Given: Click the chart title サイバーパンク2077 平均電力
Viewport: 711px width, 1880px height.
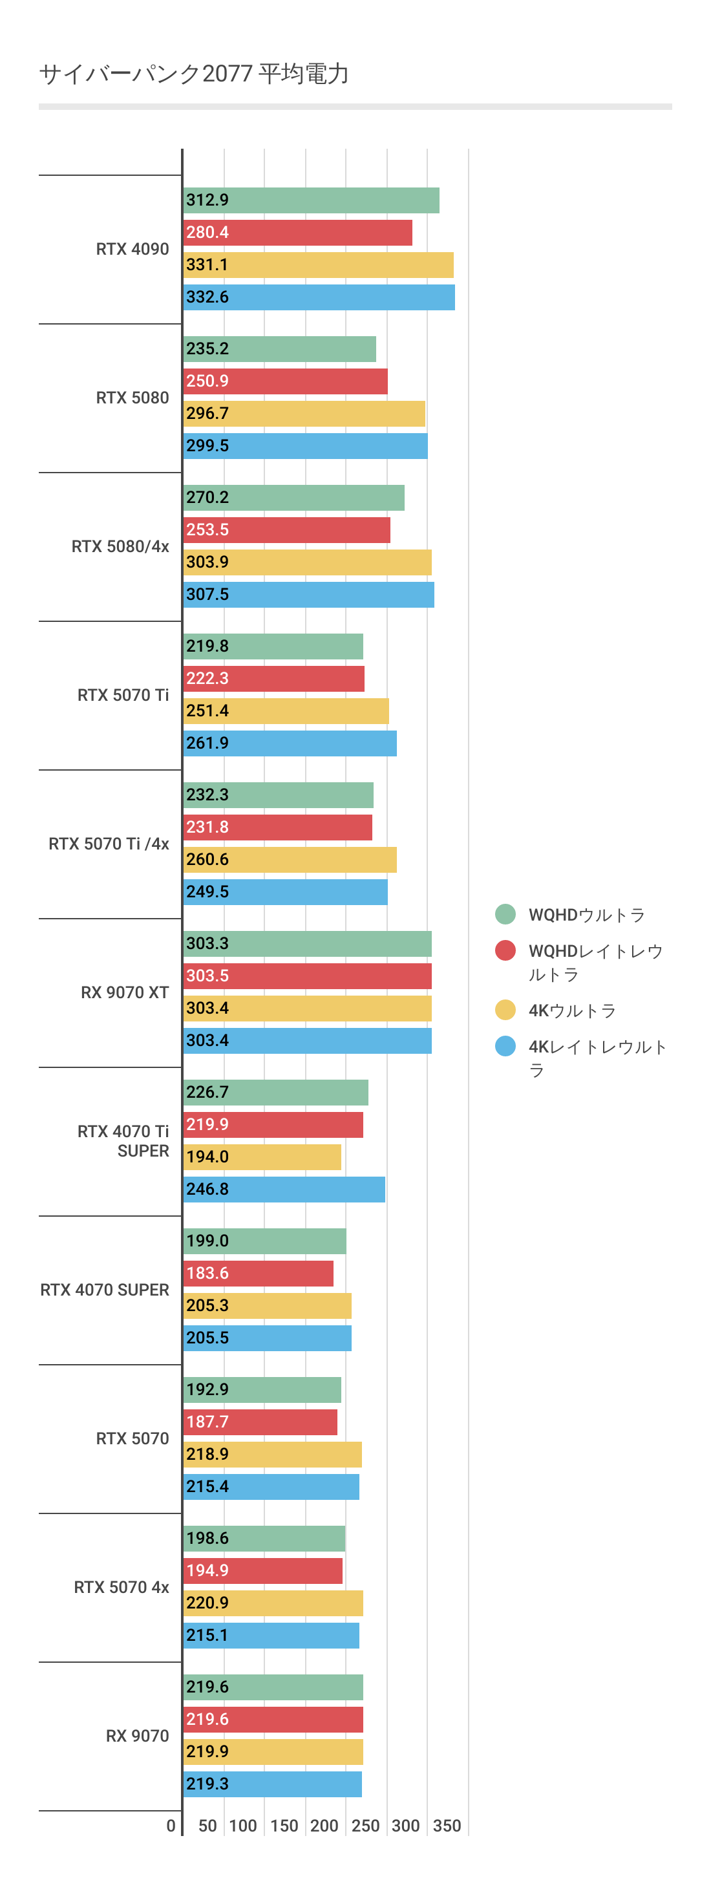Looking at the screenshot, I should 193,74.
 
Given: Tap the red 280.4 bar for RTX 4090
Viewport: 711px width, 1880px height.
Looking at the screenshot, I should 298,233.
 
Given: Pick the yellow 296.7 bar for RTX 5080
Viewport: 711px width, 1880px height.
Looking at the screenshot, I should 304,414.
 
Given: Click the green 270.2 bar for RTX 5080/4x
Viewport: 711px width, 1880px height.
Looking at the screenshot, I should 293,498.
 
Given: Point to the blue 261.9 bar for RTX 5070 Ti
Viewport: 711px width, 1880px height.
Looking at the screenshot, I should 290,743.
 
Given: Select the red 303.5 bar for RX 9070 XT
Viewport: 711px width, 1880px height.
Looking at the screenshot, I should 307,976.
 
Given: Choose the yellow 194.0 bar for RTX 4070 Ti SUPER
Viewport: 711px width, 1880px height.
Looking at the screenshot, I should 262,1157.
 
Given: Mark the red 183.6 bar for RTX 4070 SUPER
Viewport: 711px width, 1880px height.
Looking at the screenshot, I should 259,1274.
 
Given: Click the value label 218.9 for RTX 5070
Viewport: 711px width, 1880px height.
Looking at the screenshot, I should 207,1455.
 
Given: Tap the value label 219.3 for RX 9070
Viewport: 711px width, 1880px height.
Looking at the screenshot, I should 207,1784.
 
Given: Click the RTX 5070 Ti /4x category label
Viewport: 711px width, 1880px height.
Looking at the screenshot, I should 109,844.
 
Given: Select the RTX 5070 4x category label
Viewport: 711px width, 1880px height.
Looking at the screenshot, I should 121,1588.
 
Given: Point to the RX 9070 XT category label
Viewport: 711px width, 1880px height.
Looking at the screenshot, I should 125,992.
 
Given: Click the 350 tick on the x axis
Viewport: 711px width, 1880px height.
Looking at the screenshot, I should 447,1826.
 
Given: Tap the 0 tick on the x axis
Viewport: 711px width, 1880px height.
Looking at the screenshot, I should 171,1826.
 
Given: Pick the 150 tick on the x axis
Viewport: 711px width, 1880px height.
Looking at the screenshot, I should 284,1826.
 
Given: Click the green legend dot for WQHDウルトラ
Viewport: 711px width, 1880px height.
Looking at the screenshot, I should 505,914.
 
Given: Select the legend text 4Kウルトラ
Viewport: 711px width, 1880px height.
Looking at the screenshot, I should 572,1011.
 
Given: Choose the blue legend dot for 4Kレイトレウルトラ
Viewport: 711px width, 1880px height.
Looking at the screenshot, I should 505,1047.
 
